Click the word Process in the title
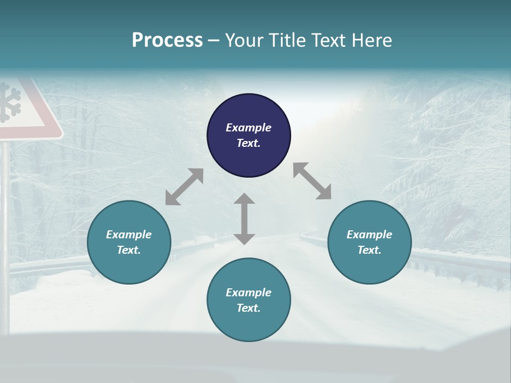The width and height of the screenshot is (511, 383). (167, 40)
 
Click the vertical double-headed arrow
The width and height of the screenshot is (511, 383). (244, 219)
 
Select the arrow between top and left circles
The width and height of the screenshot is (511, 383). (184, 187)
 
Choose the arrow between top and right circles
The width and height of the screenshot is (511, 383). (312, 181)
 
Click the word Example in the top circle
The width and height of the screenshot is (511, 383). (249, 128)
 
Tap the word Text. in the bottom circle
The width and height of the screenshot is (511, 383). (249, 308)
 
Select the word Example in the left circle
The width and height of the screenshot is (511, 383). (129, 235)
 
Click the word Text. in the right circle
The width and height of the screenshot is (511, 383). (369, 250)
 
